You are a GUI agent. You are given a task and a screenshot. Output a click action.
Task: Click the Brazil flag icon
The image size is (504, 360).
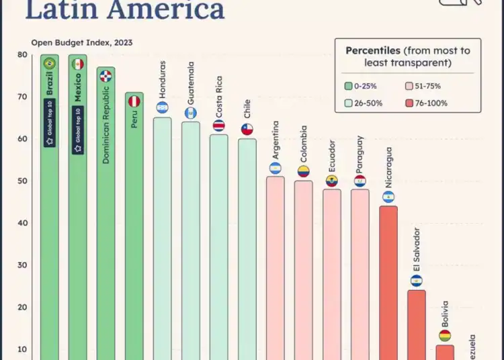tap(49, 64)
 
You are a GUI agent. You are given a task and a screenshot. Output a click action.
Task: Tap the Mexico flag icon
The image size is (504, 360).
tap(78, 64)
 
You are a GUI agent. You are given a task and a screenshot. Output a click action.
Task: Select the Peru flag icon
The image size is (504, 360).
tap(134, 101)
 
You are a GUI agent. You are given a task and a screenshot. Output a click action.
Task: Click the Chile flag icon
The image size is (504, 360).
tap(247, 130)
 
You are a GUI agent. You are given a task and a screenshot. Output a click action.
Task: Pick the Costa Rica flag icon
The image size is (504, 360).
tap(218, 126)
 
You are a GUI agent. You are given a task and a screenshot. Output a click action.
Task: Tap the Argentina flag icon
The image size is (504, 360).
tap(275, 168)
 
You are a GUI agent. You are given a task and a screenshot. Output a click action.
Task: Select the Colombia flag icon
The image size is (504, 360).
tap(303, 172)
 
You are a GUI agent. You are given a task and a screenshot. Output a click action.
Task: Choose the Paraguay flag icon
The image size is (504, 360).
tap(360, 181)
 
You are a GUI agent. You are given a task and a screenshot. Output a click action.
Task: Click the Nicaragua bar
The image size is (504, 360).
tap(388, 283)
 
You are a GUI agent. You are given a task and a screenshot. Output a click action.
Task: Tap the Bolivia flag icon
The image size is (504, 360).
tap(444, 335)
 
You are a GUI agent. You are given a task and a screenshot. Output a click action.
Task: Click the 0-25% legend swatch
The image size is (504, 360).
tap(349, 86)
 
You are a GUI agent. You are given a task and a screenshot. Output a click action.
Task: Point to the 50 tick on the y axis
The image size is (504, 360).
tap(22, 181)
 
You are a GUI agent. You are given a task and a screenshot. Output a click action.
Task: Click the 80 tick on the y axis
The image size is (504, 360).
tap(22, 55)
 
